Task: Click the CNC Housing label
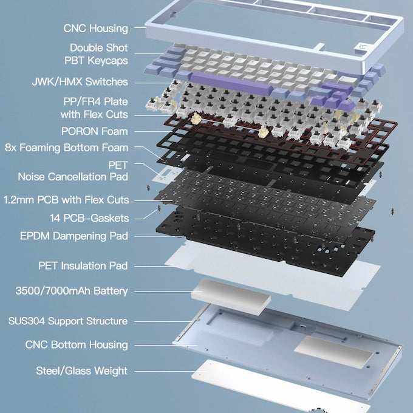click(x=95, y=29)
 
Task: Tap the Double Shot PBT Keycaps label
click(x=97, y=54)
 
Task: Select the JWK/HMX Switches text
click(x=80, y=81)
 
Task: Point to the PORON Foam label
click(x=95, y=131)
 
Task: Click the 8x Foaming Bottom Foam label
click(x=67, y=148)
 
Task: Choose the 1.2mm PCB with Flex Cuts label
click(x=66, y=200)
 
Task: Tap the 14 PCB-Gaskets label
click(x=89, y=218)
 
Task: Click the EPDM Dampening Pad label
click(x=74, y=236)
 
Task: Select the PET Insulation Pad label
click(x=83, y=265)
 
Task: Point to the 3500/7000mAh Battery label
click(x=72, y=291)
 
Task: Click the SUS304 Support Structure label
click(x=68, y=321)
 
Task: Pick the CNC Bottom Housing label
click(x=77, y=345)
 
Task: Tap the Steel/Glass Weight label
click(x=81, y=371)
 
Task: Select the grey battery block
click(x=231, y=297)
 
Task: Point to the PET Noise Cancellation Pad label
click(x=73, y=171)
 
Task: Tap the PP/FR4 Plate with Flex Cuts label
click(x=94, y=108)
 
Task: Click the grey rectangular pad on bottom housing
click(x=334, y=352)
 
